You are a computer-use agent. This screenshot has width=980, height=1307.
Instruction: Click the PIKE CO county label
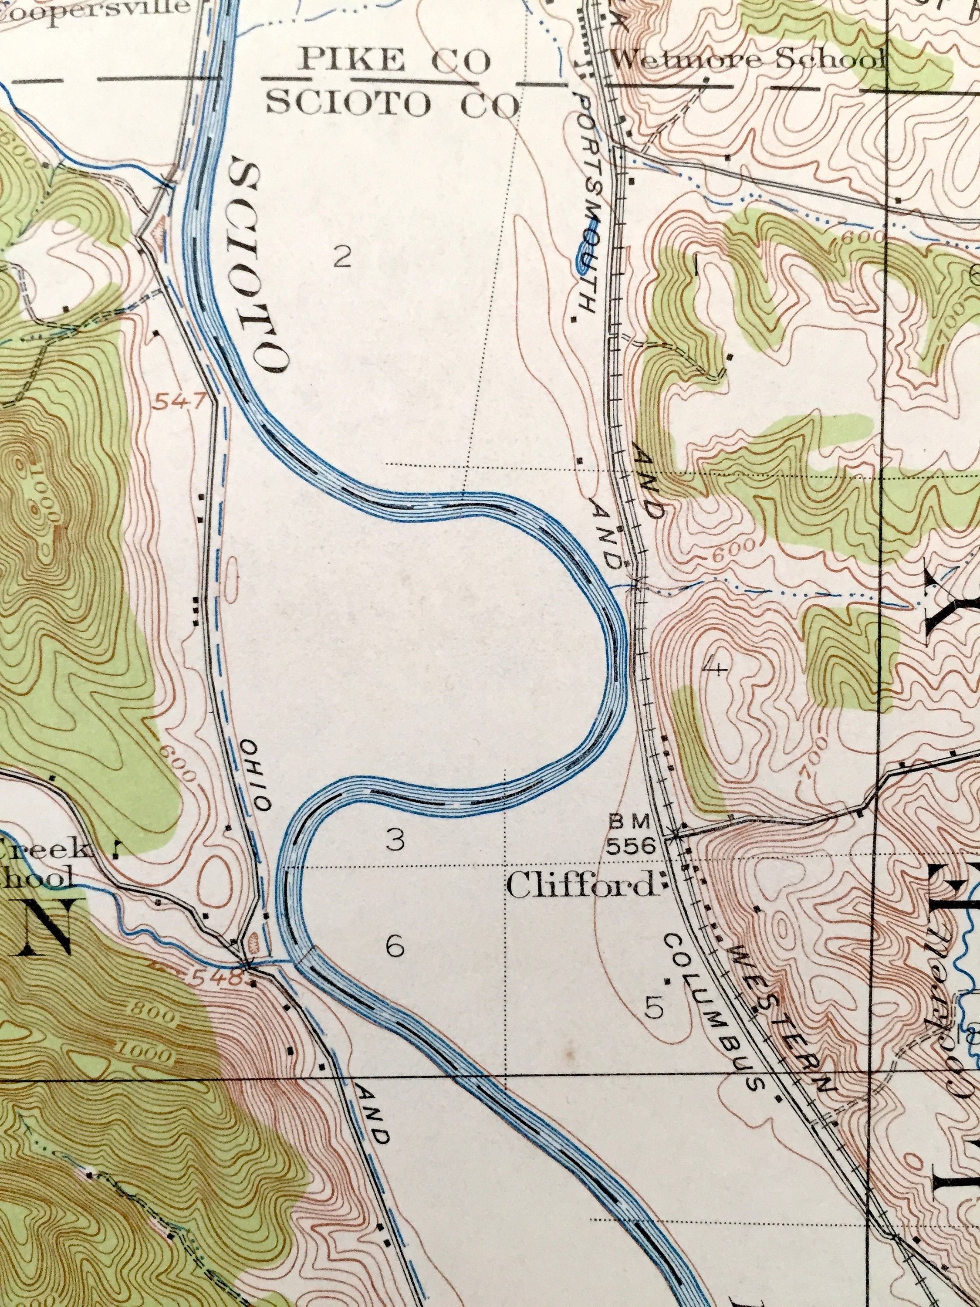click(x=395, y=61)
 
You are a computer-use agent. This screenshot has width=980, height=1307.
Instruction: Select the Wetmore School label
click(x=747, y=60)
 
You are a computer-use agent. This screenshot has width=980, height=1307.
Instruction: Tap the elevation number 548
click(x=216, y=978)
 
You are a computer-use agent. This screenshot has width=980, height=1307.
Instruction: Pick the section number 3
click(x=395, y=840)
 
